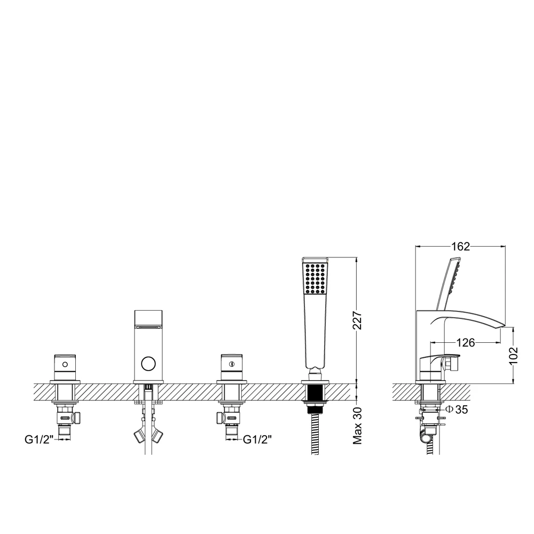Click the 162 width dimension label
click(460, 246)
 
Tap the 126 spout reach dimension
click(465, 343)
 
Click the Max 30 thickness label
click(358, 426)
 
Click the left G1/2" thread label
click(38, 439)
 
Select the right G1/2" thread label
click(258, 439)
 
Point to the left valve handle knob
click(66, 365)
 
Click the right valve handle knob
click(231, 365)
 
